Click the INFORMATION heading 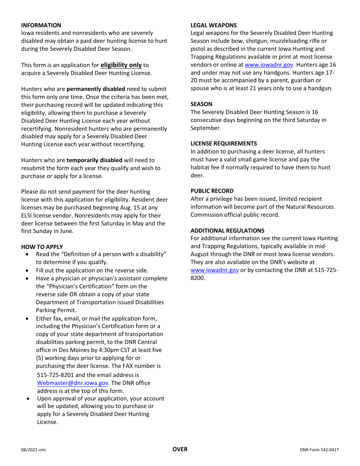[x=41, y=25]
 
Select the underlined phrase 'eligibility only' [x=121, y=65]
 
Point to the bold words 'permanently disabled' [x=96, y=89]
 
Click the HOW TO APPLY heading [x=42, y=247]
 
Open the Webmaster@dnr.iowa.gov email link [x=72, y=383]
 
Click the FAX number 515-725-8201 [x=55, y=375]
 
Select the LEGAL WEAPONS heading [x=213, y=25]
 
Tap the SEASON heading [x=201, y=104]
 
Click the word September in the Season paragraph [x=205, y=128]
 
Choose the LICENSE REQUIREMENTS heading [x=224, y=144]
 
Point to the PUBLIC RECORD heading [x=212, y=191]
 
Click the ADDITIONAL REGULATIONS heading [x=227, y=231]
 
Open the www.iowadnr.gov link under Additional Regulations [x=214, y=270]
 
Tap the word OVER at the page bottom [x=180, y=449]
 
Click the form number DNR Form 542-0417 [x=319, y=450]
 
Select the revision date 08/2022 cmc [x=34, y=450]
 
